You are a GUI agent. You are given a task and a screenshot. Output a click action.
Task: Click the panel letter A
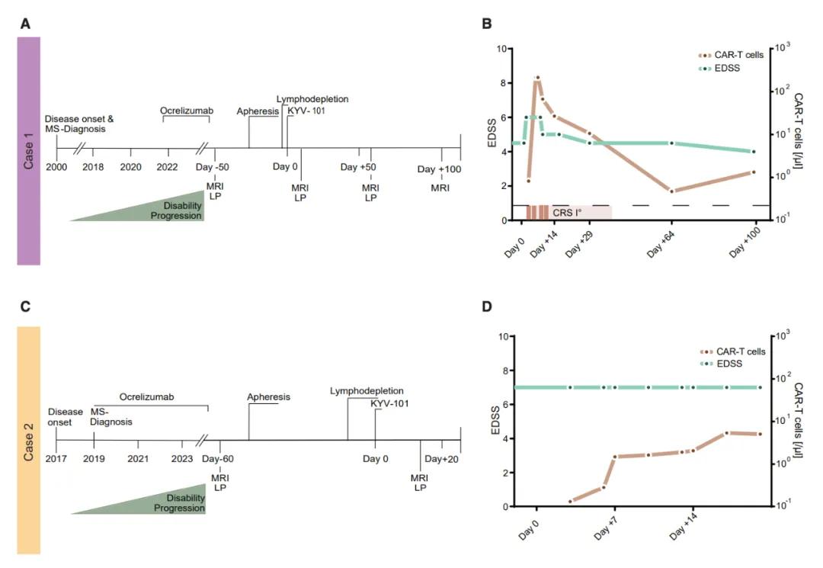coord(25,24)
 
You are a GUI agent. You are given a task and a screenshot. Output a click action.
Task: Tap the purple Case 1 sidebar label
coord(28,151)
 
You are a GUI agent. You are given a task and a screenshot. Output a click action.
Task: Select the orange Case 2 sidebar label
coord(28,440)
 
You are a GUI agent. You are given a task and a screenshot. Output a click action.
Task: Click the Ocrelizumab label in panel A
coord(186,111)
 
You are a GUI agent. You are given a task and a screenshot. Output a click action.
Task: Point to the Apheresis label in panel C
coord(269,397)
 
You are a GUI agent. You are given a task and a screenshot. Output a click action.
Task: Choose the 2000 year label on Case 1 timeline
coord(56,167)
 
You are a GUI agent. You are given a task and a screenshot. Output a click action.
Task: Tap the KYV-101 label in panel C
coord(389,403)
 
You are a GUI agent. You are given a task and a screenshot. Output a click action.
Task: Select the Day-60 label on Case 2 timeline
coord(218,459)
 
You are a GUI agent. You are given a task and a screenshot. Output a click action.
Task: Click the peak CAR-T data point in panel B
coord(537,78)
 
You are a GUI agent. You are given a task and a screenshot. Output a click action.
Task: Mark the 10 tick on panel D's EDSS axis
coord(503,336)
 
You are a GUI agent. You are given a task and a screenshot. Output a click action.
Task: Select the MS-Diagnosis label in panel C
coord(112,416)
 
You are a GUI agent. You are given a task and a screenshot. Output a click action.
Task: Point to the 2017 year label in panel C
coord(56,459)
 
